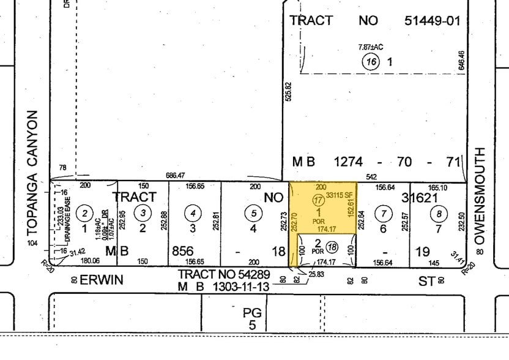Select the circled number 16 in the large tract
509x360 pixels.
(371, 62)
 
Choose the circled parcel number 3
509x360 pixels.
(143, 213)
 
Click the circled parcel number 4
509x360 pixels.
(193, 213)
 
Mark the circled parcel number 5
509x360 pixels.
(253, 213)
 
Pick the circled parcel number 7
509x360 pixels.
(384, 213)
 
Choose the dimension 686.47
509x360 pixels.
(176, 175)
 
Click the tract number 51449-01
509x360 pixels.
(432, 21)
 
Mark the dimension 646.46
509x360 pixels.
(461, 61)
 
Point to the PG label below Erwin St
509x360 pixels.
(252, 313)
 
